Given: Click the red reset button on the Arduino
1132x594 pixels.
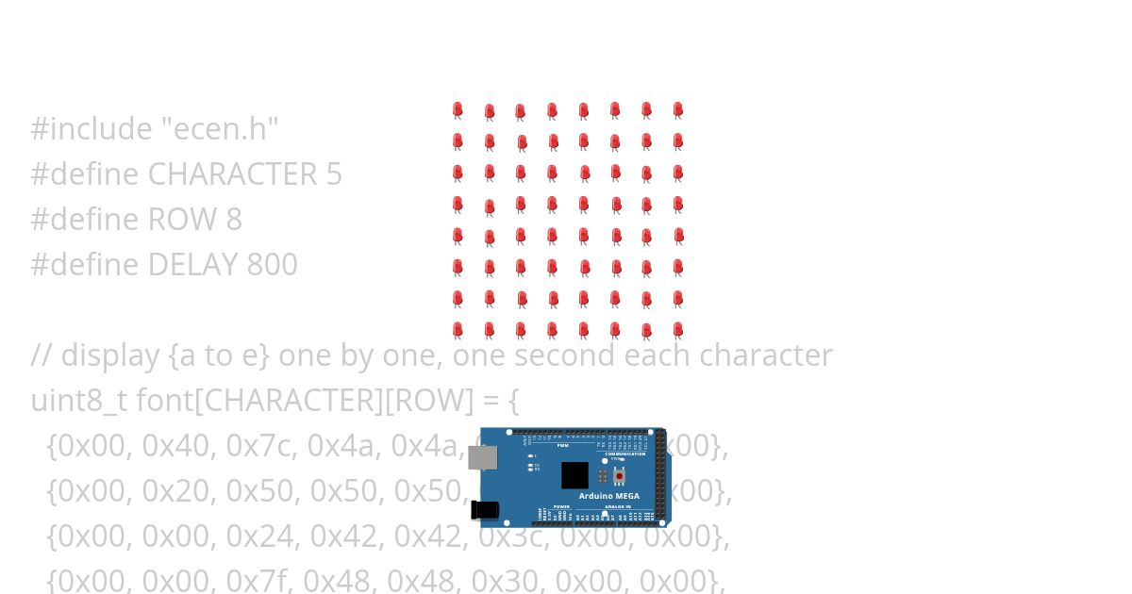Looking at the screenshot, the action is [x=619, y=476].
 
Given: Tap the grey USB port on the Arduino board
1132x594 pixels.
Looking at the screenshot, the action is [x=483, y=457].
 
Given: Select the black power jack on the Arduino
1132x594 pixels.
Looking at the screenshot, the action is [x=485, y=510].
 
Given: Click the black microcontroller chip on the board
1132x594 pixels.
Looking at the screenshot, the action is [x=574, y=474].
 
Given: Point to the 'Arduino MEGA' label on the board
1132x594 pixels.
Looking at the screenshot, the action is [x=608, y=496].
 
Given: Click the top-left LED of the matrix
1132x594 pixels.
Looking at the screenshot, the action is [x=458, y=110].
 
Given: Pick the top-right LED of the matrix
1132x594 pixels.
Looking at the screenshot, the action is [x=677, y=110].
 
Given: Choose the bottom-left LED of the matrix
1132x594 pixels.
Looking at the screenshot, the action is [x=458, y=330].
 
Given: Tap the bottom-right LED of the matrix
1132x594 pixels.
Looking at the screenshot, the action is [x=677, y=330].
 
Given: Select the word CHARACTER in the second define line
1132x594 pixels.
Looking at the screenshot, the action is [x=231, y=174].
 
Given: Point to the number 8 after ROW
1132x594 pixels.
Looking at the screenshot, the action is [x=234, y=220].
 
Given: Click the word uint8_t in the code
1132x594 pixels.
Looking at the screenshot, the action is [x=78, y=401].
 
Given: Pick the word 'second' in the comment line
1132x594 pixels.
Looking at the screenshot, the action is [x=555, y=355].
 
